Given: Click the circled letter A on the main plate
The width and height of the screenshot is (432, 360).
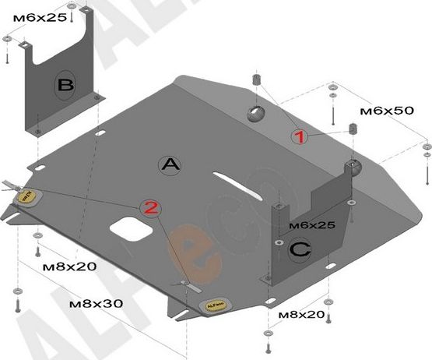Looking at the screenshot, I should click(x=170, y=164).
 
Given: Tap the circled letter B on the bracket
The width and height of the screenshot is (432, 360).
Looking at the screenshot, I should click(x=65, y=84).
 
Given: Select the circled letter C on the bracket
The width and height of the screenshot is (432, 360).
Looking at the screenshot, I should click(x=299, y=249).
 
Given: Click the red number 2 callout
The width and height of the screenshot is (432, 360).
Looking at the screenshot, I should click(x=151, y=208).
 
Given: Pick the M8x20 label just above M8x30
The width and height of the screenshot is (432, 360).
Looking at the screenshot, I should click(x=69, y=266).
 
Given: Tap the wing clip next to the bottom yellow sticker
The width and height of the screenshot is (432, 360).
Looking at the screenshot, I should click(x=186, y=284).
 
